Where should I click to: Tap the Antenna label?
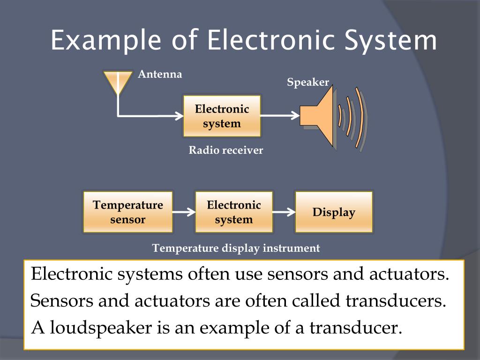coord(160,74)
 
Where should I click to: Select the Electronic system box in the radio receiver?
coord(222,116)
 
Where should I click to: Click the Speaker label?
coord(308,82)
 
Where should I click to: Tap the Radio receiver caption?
coord(225,150)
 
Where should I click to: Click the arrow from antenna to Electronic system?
coord(150,115)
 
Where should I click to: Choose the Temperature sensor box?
coord(128,212)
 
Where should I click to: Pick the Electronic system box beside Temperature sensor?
coord(234,212)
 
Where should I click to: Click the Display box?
coord(334,212)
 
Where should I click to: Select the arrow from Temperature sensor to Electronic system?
coord(184,212)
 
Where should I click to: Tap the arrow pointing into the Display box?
coord(284,212)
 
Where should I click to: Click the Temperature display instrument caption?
coord(236,248)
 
